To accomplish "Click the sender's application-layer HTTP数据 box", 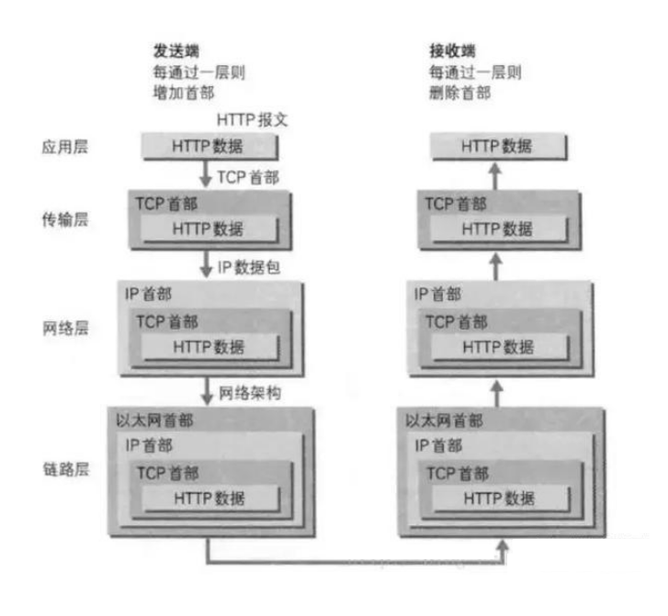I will click(208, 146).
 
